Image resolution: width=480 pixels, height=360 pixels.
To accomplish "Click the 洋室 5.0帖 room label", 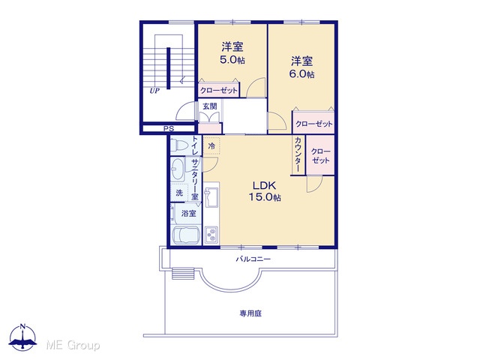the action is (x=232, y=53).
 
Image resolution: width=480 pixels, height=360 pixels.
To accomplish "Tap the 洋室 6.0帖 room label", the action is (x=301, y=67).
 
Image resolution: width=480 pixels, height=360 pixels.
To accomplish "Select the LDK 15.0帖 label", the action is (x=265, y=191).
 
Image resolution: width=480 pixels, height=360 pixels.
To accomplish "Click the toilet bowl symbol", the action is (x=179, y=145).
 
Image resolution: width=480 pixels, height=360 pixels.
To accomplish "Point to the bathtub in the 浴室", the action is (x=186, y=235).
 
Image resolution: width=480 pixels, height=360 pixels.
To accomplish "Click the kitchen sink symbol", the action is (x=211, y=196).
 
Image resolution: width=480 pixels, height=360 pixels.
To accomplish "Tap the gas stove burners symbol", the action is (x=211, y=235).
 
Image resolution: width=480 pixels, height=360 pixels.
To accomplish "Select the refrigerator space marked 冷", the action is (x=211, y=146).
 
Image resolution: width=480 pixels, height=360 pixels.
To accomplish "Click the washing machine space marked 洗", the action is (x=179, y=193).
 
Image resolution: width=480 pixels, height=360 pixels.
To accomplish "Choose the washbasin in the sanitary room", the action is (x=177, y=169).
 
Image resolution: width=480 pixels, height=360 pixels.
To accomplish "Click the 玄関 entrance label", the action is (x=210, y=106).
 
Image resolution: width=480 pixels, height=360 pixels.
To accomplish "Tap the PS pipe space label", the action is (x=168, y=129).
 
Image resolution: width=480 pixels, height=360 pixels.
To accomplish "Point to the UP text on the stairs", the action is (x=154, y=91).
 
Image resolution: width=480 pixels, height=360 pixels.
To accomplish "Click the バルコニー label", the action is (x=253, y=259).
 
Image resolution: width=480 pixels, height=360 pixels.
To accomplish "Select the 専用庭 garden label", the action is (x=250, y=313).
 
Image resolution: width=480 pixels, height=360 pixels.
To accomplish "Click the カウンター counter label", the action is (x=298, y=154).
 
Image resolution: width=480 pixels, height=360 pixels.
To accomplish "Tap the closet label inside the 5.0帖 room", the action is (x=218, y=90).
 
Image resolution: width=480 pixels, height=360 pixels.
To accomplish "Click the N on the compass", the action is (x=23, y=325).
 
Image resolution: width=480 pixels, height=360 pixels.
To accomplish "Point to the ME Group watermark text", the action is (x=73, y=345).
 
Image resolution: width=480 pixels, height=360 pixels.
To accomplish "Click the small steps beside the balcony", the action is (x=183, y=273).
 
